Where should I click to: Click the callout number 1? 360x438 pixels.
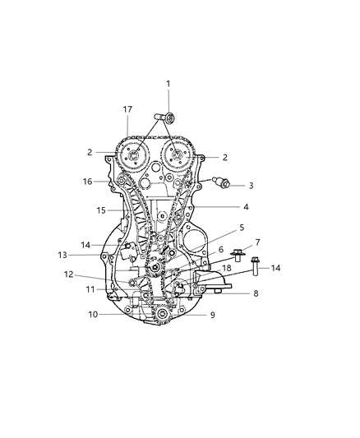coord(168,83)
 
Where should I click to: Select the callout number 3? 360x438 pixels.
coord(251,186)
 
